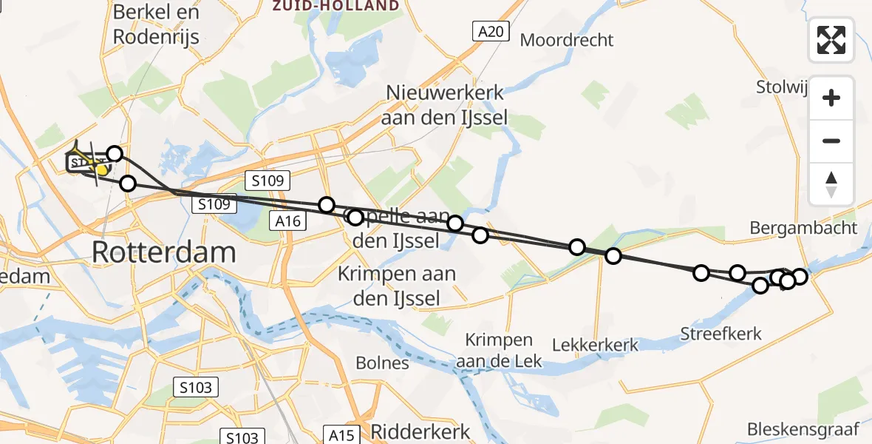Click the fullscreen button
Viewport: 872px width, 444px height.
tap(831, 40)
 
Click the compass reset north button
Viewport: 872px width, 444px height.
tap(831, 184)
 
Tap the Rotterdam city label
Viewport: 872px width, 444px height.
tap(164, 253)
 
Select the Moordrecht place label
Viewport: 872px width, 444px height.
tap(567, 40)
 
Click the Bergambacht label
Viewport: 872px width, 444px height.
tap(803, 228)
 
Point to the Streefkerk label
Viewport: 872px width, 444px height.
tap(721, 334)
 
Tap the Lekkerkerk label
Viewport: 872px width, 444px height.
tap(595, 345)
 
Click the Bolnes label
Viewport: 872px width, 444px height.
tap(382, 363)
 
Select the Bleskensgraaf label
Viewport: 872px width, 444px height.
tap(803, 428)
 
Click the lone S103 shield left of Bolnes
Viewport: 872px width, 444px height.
tap(196, 386)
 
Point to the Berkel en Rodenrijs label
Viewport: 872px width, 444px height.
tap(156, 24)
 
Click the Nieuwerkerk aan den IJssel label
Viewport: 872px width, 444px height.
tap(446, 105)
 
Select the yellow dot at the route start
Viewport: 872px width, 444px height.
tap(102, 170)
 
